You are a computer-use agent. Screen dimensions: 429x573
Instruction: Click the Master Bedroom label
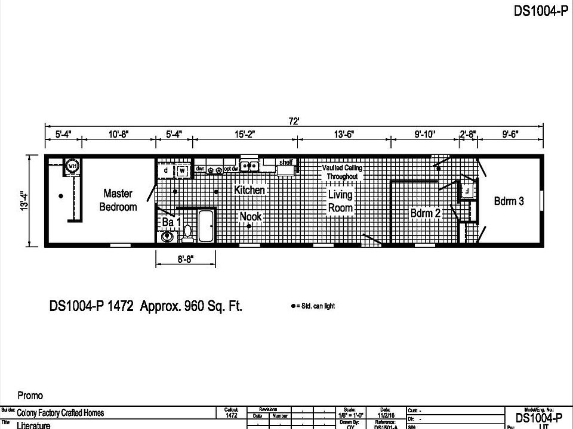pyautogui.click(x=118, y=200)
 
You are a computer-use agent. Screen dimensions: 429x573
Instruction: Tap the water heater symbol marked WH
pyautogui.click(x=73, y=166)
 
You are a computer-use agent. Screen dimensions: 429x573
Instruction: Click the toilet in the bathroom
pyautogui.click(x=187, y=234)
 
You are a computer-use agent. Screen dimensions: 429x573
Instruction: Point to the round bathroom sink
pyautogui.click(x=167, y=237)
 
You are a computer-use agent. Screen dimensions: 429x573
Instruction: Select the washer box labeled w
pyautogui.click(x=182, y=171)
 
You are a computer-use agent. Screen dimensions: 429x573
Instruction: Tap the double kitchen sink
pyautogui.click(x=249, y=166)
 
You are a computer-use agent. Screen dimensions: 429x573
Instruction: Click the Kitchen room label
pyautogui.click(x=249, y=190)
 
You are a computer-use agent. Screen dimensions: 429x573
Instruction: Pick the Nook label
pyautogui.click(x=251, y=216)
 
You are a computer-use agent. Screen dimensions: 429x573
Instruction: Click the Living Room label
pyautogui.click(x=340, y=201)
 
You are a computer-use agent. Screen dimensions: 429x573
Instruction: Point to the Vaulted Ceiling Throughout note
pyautogui.click(x=342, y=172)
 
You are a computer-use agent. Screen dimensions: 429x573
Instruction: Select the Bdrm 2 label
pyautogui.click(x=425, y=213)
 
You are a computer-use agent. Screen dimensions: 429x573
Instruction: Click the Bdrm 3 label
pyautogui.click(x=509, y=201)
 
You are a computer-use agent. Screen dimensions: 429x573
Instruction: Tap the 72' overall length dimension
pyautogui.click(x=294, y=122)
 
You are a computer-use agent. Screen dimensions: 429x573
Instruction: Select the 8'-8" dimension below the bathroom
pyautogui.click(x=186, y=259)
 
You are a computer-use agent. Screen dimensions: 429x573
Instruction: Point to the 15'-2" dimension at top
pyautogui.click(x=245, y=135)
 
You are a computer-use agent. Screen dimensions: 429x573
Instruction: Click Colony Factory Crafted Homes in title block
pyautogui.click(x=60, y=412)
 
